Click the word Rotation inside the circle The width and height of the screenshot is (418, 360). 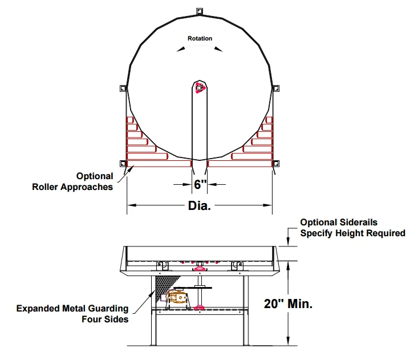[200, 38]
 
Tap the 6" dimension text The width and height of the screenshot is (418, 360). [200, 184]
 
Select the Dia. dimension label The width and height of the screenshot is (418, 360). [200, 205]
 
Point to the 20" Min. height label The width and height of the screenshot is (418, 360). [288, 304]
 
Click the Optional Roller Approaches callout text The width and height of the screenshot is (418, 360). [72, 181]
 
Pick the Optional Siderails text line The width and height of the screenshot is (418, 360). [339, 222]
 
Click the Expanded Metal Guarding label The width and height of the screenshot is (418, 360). [72, 308]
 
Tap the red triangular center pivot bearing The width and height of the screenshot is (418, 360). [200, 88]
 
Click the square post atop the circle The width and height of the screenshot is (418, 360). [200, 11]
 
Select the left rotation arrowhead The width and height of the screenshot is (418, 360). [181, 49]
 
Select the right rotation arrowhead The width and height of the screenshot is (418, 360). [218, 49]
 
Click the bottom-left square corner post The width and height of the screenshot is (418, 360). [123, 164]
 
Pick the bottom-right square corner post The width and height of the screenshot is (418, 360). [276, 164]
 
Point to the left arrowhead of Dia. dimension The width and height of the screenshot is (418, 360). [132, 205]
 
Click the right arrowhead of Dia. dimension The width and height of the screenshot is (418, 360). [267, 205]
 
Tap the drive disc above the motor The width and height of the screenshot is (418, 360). [193, 288]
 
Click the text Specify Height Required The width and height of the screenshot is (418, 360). [352, 233]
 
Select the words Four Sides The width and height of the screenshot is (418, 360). [105, 319]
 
